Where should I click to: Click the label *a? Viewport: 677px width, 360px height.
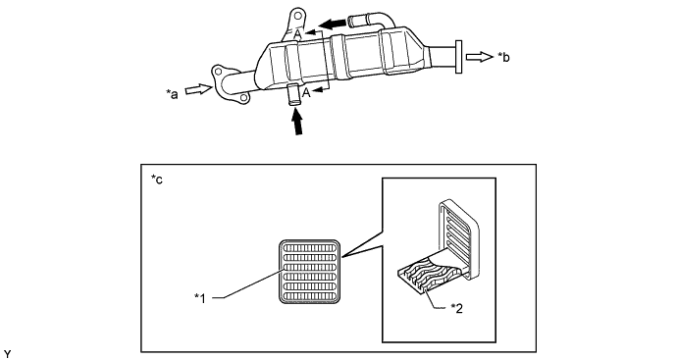[172, 94]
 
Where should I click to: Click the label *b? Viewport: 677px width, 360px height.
[503, 57]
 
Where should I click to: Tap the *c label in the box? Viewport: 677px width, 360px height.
[157, 180]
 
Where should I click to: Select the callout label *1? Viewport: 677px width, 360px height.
[200, 298]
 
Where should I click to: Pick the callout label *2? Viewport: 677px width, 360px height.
[457, 308]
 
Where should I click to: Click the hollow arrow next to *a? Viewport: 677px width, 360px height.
[199, 90]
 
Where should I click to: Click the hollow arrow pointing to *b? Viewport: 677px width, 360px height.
[479, 57]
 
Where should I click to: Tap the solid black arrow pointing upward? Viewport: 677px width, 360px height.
[296, 123]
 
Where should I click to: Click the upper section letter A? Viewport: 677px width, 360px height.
[298, 34]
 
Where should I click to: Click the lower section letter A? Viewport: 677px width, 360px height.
[306, 92]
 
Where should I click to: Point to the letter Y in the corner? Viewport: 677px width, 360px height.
[7, 354]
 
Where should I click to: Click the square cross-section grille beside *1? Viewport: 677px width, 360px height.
[310, 272]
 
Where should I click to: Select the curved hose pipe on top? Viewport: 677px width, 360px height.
[371, 22]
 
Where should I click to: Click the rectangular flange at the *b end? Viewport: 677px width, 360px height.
[458, 57]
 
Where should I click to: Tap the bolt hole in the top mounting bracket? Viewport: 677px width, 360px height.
[296, 17]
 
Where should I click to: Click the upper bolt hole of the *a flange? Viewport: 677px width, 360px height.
[218, 71]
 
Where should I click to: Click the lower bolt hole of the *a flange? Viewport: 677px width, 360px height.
[243, 98]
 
